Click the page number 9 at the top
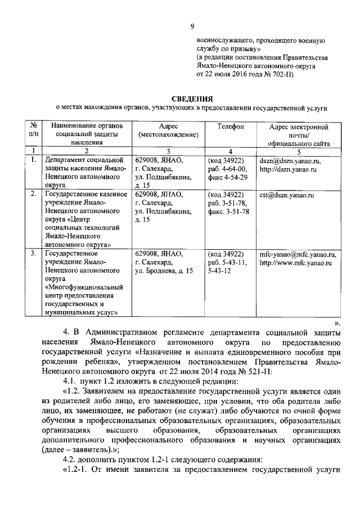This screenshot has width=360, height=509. click(192, 26)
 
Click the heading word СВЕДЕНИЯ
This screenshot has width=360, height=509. click(191, 99)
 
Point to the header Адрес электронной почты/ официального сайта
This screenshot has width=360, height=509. click(299, 135)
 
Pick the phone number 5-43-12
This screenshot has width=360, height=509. click(220, 271)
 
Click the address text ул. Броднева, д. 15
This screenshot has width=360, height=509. click(164, 271)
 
